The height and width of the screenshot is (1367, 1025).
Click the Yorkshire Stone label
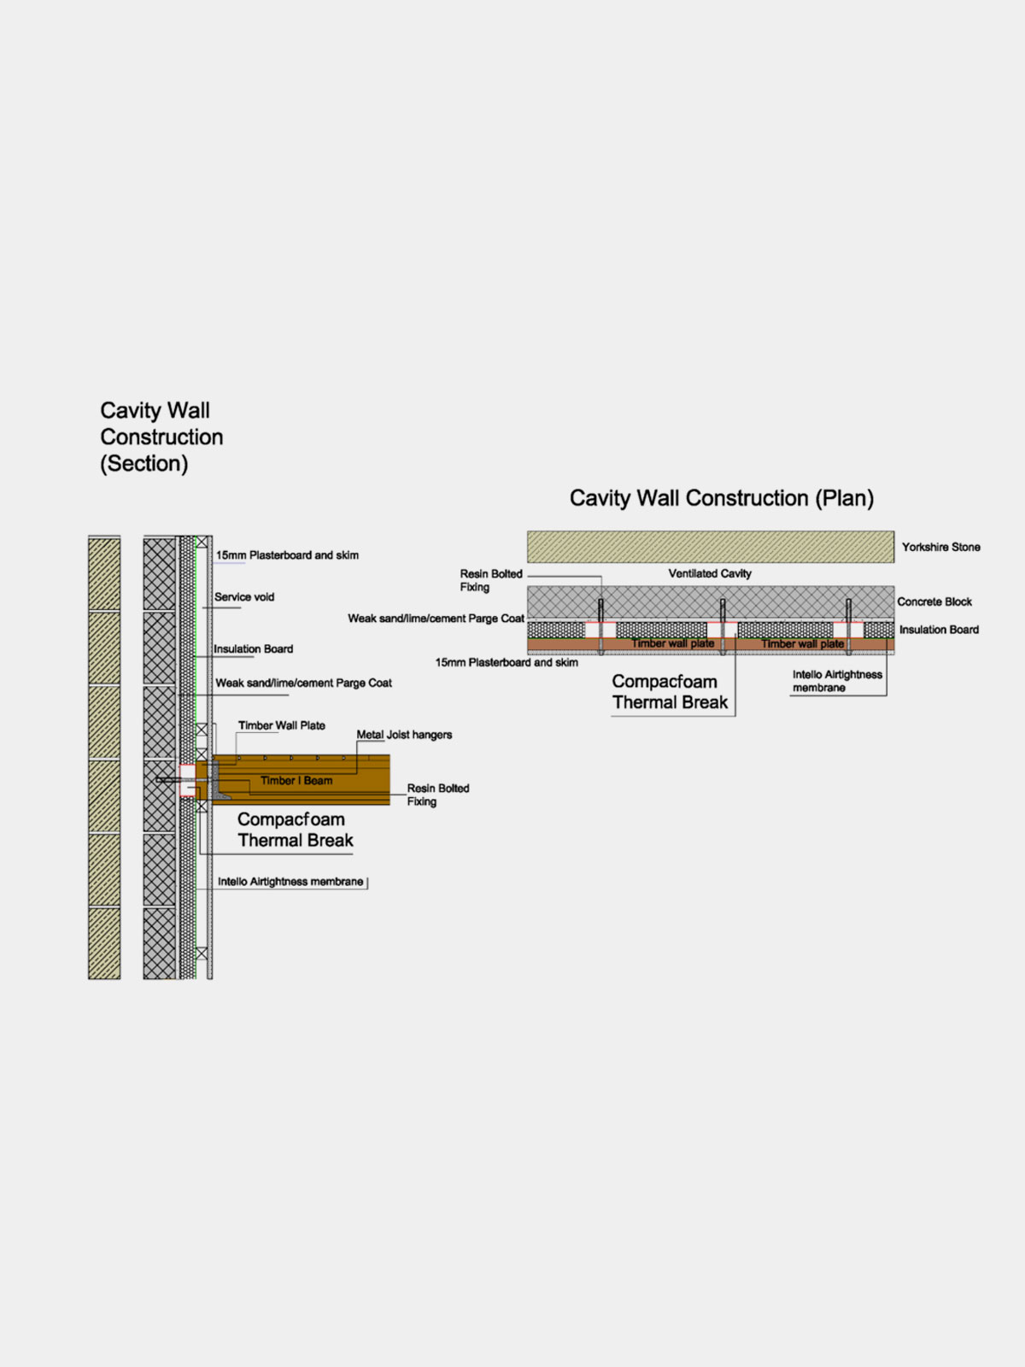pos(940,547)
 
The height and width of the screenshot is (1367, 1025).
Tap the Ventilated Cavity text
pos(709,573)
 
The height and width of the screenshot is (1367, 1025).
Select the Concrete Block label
pos(934,601)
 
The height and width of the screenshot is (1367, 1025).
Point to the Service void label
pos(244,597)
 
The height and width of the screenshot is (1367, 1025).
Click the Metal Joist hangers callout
pos(404,735)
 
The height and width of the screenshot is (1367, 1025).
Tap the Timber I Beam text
pos(296,780)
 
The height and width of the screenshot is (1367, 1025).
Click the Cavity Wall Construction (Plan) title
pos(722,498)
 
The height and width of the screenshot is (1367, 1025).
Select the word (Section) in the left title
pos(144,464)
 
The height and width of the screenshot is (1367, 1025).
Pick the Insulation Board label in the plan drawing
pos(939,630)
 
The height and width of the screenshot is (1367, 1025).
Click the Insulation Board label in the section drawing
pos(253,649)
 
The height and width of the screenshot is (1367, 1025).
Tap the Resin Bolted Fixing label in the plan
pos(490,580)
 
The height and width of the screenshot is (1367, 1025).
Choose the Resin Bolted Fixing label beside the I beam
pos(437,795)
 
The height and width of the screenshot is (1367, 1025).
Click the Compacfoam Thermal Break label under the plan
pos(669,692)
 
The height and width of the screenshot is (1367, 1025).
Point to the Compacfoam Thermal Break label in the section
pos(294,830)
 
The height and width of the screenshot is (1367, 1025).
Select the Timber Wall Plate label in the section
pos(281,725)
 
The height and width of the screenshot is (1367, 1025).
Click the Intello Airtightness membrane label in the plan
pos(836,681)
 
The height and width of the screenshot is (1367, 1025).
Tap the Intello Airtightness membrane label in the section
pos(290,882)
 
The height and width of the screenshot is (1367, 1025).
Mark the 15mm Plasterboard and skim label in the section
pos(287,555)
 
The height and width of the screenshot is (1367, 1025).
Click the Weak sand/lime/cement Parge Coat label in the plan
pos(436,619)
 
